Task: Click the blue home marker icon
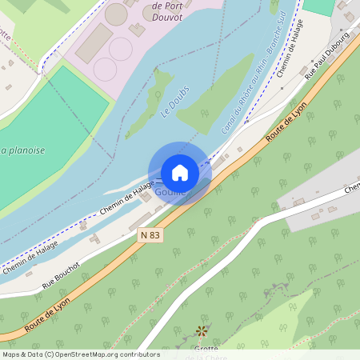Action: coord(180,173)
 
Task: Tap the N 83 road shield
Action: coord(150,235)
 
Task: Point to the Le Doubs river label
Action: coord(174,103)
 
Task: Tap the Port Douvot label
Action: coord(166,10)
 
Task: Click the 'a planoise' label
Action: coord(22,150)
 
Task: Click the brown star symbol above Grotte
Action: coord(202,330)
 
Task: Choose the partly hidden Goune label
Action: coord(170,193)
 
